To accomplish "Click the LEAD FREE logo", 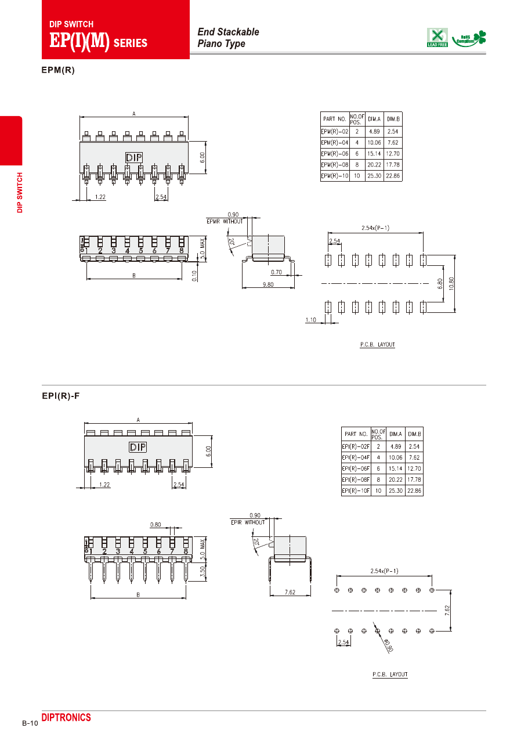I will click(437, 37).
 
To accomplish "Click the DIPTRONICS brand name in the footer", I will click(66, 717).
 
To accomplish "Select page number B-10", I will click(30, 723).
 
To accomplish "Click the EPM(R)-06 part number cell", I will click(334, 154).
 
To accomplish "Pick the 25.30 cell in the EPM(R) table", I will click(374, 175).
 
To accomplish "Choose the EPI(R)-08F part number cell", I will click(355, 479).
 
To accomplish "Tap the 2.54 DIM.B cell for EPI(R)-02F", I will click(414, 447).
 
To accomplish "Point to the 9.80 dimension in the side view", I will click(267, 284).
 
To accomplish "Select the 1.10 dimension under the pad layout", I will click(312, 320).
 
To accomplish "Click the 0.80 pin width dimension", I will click(155, 525).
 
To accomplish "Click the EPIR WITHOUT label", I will click(246, 522).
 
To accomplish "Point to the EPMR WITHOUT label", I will click(225, 221).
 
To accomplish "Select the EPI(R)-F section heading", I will click(60, 396).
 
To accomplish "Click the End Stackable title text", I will click(228, 32).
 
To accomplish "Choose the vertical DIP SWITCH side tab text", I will click(19, 192).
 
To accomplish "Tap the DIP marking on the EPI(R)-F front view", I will click(138, 447).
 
